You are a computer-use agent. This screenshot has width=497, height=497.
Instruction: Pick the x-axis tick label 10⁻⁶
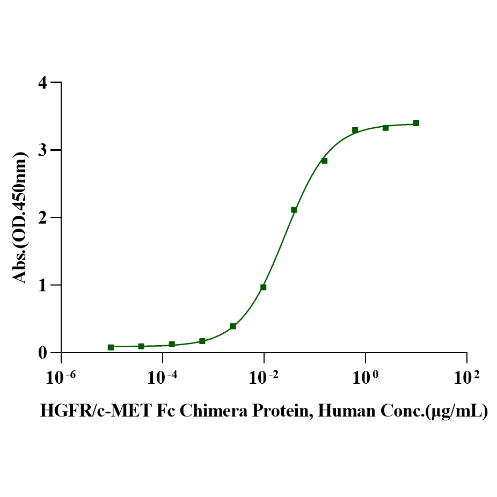click(60, 377)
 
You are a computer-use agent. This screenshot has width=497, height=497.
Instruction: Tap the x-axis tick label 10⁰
click(365, 377)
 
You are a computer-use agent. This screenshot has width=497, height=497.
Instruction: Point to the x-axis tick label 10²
click(466, 377)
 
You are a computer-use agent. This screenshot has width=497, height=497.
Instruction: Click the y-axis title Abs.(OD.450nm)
click(20, 217)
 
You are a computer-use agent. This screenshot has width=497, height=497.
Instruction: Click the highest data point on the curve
click(416, 123)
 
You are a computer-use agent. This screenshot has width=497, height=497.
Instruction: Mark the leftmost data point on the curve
click(111, 347)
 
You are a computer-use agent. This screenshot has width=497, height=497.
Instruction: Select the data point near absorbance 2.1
click(294, 210)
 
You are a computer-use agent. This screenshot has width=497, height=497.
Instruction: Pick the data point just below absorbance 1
click(263, 287)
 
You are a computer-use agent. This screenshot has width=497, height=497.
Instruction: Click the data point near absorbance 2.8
click(324, 160)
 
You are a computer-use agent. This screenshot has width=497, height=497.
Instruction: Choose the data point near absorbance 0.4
click(233, 326)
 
